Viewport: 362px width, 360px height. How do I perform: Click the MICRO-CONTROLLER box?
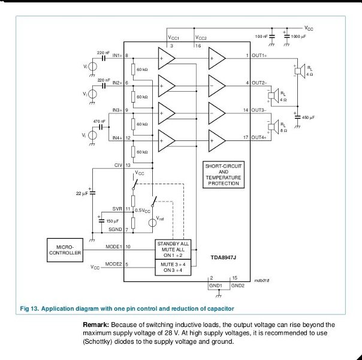[65, 250]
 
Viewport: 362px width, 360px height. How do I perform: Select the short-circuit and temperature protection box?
[223, 174]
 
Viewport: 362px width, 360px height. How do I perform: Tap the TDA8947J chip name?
[224, 256]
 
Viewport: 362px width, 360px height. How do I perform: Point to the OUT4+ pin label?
[259, 138]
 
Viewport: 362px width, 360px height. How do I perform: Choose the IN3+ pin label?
[117, 110]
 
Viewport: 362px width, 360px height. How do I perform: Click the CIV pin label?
[118, 164]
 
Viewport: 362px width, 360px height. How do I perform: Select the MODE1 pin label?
[113, 247]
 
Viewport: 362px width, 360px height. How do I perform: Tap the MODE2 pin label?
[113, 264]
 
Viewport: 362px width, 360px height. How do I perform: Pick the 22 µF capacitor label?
[82, 193]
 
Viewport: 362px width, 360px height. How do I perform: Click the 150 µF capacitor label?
[112, 221]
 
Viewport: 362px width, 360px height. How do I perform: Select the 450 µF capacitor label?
[308, 118]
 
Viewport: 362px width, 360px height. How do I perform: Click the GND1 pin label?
[215, 286]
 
